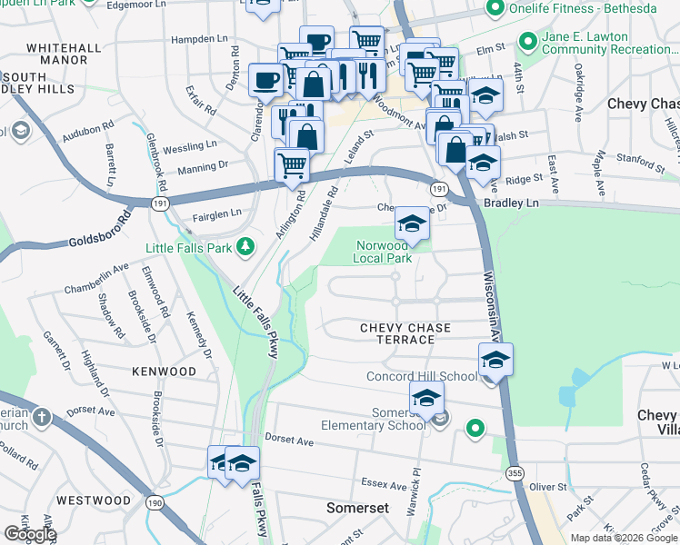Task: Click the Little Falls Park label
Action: pyautogui.click(x=188, y=247)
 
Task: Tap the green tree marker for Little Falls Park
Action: pyautogui.click(x=245, y=246)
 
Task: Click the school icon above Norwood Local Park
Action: pyautogui.click(x=412, y=224)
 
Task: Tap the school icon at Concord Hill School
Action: pyautogui.click(x=495, y=360)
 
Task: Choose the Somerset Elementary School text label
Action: pyautogui.click(x=373, y=419)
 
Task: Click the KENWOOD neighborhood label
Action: pyautogui.click(x=164, y=372)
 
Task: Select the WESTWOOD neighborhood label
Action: pyautogui.click(x=93, y=500)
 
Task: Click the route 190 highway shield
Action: pyautogui.click(x=154, y=501)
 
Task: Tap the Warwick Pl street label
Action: pyautogui.click(x=413, y=492)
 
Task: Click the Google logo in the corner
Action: pyautogui.click(x=30, y=534)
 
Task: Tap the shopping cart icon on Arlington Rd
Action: pyautogui.click(x=292, y=165)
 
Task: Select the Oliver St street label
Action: pyautogui.click(x=547, y=487)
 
